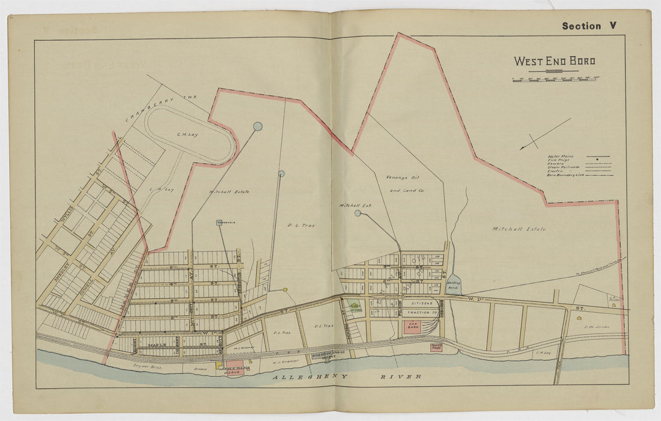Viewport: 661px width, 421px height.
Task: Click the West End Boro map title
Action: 554,61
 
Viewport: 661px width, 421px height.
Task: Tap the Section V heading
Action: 589,26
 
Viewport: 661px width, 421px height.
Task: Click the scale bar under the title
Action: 556,79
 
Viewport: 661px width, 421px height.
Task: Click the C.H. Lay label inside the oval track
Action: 187,135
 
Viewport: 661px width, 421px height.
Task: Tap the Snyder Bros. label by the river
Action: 142,365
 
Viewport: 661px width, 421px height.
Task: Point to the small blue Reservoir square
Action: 220,223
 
